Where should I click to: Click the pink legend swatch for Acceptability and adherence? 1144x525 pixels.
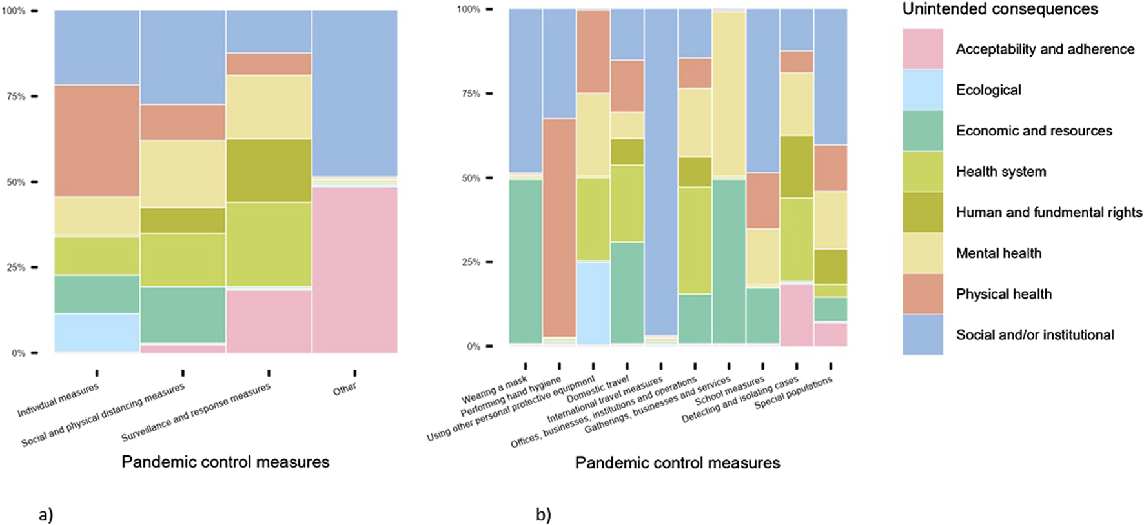click(923, 49)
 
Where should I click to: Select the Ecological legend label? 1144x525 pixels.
click(988, 90)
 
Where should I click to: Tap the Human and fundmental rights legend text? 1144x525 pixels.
click(1048, 213)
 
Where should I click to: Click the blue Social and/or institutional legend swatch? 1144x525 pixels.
click(923, 335)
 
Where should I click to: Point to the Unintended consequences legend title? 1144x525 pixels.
click(999, 9)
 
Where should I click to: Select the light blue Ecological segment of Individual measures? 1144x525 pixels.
click(97, 333)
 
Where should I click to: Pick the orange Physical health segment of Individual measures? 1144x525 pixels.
click(97, 141)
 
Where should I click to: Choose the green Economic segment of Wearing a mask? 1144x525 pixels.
click(526, 261)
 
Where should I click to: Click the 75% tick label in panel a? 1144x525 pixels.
click(16, 97)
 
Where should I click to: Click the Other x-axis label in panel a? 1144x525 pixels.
click(345, 388)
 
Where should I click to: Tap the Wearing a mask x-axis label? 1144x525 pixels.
click(495, 390)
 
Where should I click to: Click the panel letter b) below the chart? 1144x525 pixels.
click(544, 515)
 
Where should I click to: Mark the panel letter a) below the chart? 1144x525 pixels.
click(46, 515)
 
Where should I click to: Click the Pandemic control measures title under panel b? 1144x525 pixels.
click(677, 463)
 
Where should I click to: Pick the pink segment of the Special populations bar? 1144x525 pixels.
click(830, 335)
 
